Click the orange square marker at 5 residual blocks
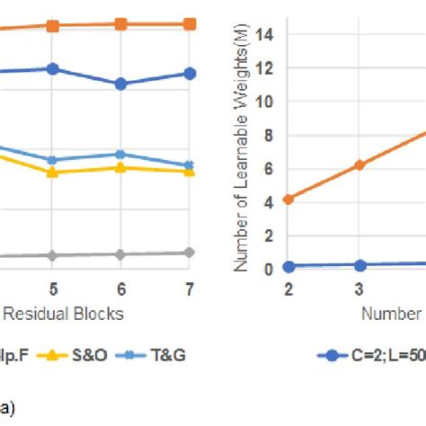click(53, 26)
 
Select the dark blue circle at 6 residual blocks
click(121, 84)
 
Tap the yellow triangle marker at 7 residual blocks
click(189, 170)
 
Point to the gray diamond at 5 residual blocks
click(53, 255)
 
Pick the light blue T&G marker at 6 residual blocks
click(121, 155)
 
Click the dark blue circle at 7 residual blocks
click(189, 73)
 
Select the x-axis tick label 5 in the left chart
click(53, 288)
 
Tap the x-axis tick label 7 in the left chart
click(189, 288)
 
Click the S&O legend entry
click(85, 355)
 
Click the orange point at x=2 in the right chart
click(288, 199)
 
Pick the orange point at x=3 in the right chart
click(359, 164)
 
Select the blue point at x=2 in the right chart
click(288, 266)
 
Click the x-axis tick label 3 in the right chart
click(359, 288)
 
